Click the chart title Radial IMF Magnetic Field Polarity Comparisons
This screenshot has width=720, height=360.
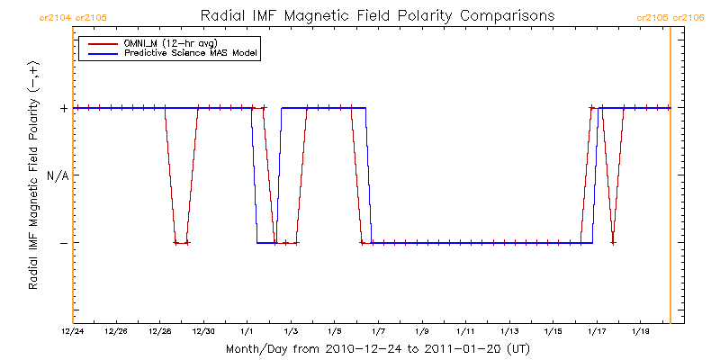pos(375,15)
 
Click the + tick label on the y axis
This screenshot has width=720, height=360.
pos(63,108)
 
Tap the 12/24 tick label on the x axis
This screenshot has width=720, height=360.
pos(73,331)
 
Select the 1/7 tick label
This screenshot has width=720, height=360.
pos(378,331)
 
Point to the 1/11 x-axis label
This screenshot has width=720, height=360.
pos(465,331)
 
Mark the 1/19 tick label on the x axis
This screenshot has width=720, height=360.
pos(640,331)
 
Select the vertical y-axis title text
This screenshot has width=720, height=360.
pos(33,175)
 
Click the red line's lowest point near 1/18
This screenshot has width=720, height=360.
pos(613,242)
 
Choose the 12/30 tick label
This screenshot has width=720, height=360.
pos(203,331)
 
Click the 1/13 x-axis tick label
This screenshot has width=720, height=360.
pos(509,331)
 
